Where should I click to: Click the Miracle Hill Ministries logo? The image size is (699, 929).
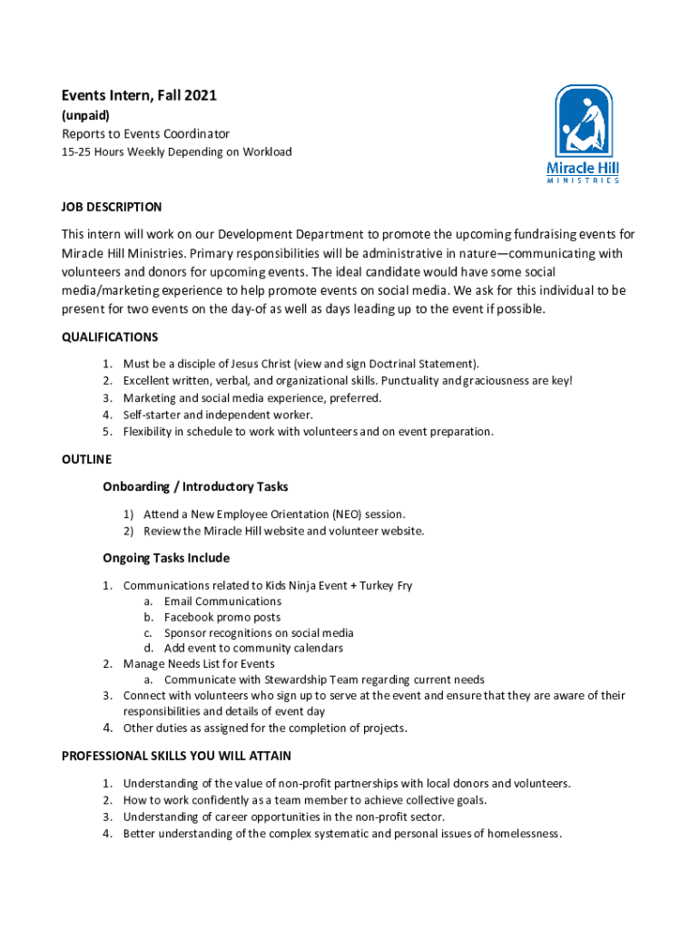pos(583,133)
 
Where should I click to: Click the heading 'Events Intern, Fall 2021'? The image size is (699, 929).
pos(139,95)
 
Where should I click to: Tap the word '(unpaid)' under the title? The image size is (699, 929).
pos(85,115)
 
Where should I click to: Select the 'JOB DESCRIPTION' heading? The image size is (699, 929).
pos(112,207)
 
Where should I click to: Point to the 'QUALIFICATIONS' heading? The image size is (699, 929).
pos(110,337)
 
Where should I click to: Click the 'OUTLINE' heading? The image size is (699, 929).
pos(86,459)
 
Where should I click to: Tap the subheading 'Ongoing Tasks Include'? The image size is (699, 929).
pos(166,558)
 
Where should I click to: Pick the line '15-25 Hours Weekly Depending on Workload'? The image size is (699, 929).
pos(176,152)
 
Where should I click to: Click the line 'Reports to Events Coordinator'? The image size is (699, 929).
pos(145,133)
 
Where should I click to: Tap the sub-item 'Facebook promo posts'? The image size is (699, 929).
pos(222,617)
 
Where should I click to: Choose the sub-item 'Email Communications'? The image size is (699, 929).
pos(222,601)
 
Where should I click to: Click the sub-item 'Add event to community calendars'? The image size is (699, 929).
pos(253,649)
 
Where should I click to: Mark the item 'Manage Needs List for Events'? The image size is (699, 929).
pos(199,664)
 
